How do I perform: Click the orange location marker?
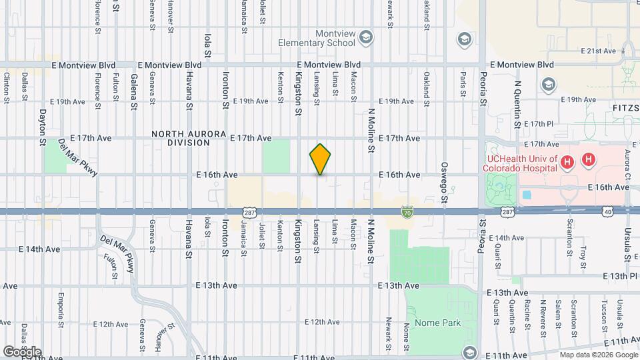coord(321,159)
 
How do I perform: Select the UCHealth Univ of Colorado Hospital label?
coord(521,163)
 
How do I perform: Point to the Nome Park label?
coord(437,323)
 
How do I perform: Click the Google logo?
coord(21,351)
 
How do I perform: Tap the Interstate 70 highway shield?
coord(407,212)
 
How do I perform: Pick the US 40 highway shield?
coord(607,212)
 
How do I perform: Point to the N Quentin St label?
coord(517,104)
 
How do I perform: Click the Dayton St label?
coord(42,128)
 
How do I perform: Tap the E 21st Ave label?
coord(598,51)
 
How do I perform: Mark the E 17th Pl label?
coord(539,124)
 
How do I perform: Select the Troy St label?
coord(583,257)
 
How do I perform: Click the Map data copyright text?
coord(597,354)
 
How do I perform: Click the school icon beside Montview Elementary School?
coord(365,37)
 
